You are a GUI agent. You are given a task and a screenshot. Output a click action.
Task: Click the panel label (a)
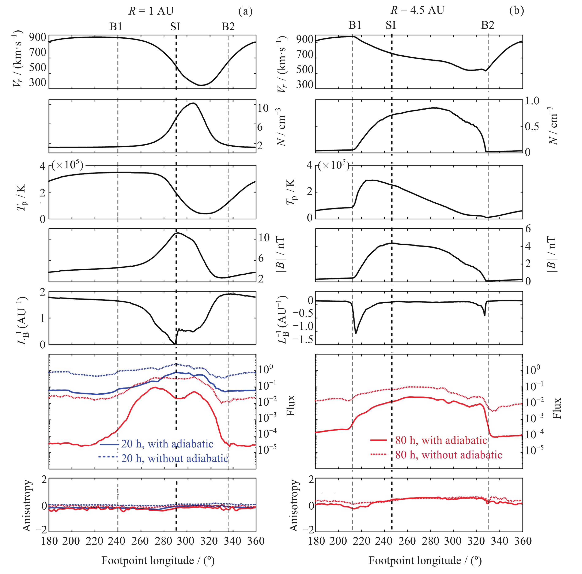click(245, 11)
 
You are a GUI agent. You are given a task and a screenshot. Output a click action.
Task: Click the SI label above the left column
click(175, 27)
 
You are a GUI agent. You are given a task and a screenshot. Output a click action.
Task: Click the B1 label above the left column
click(116, 27)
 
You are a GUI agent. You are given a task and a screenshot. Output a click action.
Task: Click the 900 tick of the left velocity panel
click(38, 37)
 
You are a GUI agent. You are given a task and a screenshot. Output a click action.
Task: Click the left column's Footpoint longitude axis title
click(158, 560)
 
